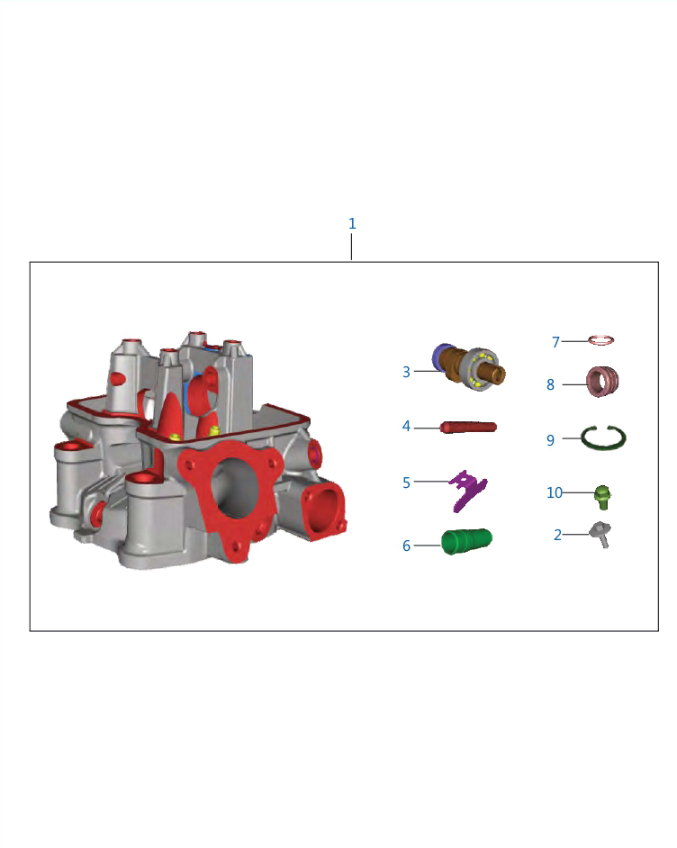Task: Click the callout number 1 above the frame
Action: (x=352, y=223)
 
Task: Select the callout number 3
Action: (x=406, y=372)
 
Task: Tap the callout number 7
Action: (x=555, y=342)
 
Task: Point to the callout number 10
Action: (x=555, y=492)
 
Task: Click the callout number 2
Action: (x=557, y=535)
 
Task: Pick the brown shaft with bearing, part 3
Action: (x=469, y=366)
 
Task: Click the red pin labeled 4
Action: (x=468, y=428)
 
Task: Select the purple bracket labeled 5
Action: (x=468, y=491)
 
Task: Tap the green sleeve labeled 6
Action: (x=466, y=541)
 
